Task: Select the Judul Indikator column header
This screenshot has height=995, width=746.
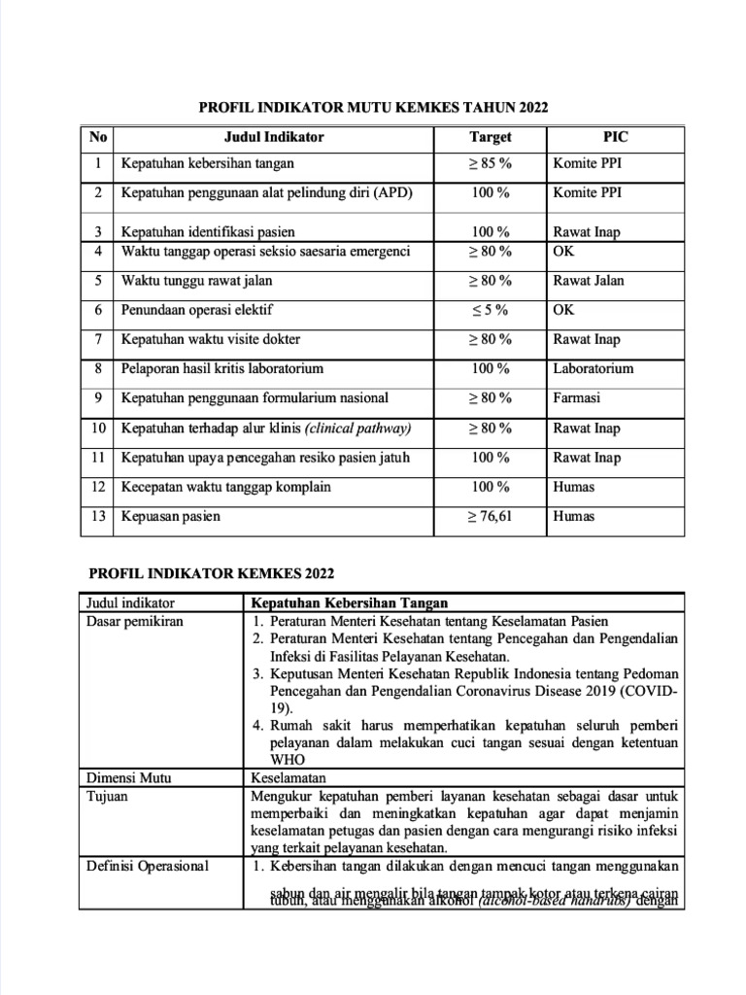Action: [274, 138]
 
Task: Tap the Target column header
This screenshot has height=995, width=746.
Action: [490, 138]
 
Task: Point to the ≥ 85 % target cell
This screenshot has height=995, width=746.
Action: [490, 164]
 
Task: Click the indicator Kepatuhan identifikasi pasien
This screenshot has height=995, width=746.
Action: [208, 232]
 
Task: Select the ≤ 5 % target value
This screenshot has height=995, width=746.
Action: [490, 310]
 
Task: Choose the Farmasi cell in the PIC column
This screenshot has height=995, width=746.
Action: [577, 398]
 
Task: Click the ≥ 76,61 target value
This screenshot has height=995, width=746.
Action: [490, 517]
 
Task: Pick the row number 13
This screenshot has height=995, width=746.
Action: [98, 517]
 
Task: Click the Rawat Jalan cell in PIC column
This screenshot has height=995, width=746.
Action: [589, 281]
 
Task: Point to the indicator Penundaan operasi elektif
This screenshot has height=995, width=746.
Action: [197, 310]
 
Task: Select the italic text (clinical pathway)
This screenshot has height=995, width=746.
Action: [357, 429]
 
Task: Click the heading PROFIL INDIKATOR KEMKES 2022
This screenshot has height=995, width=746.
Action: [211, 573]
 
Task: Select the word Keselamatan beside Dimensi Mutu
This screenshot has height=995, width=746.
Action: [288, 777]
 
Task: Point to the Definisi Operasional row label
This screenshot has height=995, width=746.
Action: [148, 866]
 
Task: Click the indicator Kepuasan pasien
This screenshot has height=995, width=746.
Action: [170, 517]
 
